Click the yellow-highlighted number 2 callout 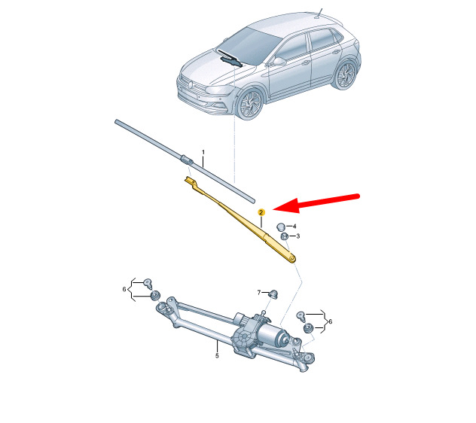click(261, 212)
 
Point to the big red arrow click(316, 202)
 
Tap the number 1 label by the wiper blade click(203, 152)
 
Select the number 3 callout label click(297, 236)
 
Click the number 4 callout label click(294, 227)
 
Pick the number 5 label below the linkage click(217, 355)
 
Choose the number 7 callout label click(259, 293)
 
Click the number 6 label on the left click(124, 289)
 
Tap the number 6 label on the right click(331, 321)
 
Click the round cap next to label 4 click(280, 227)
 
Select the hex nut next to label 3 click(285, 236)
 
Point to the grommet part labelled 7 click(274, 294)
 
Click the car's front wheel click(251, 104)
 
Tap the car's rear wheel click(346, 75)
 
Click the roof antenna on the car click(319, 13)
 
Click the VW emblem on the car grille click(191, 84)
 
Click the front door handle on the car click(306, 63)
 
